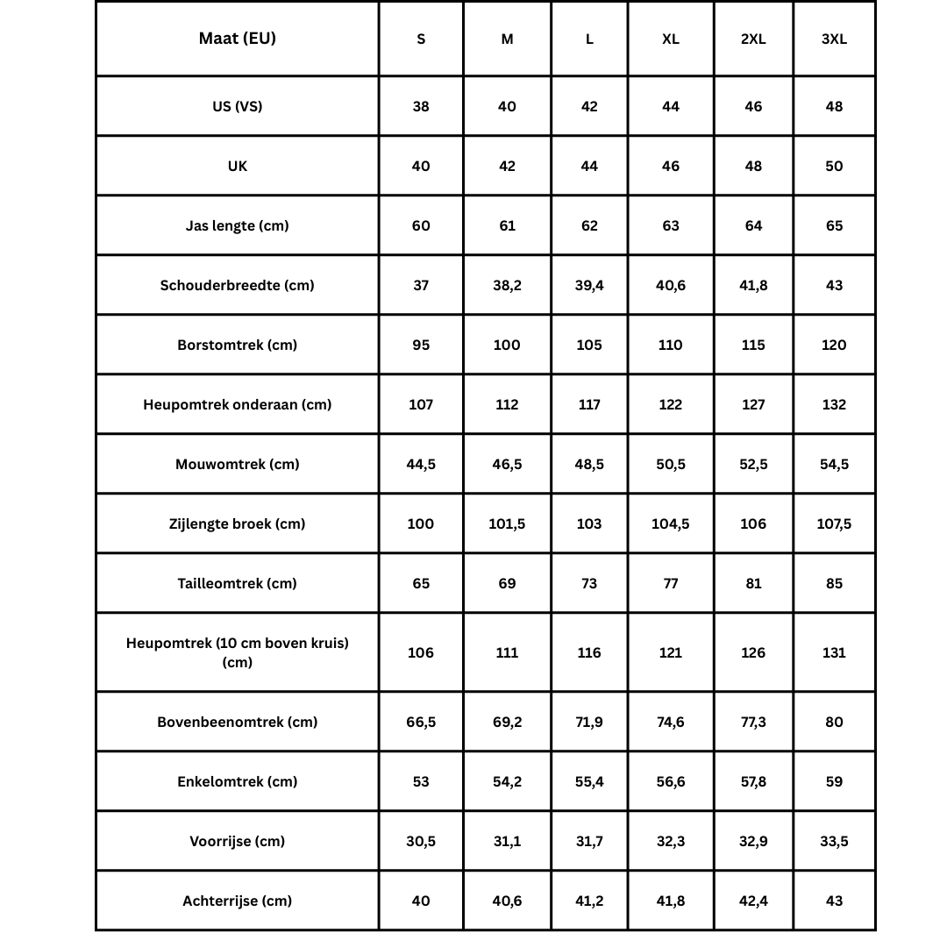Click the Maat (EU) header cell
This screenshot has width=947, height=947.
tap(237, 39)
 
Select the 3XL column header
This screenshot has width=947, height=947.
tap(834, 39)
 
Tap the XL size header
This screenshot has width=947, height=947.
tap(671, 39)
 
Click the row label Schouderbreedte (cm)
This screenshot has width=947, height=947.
tap(237, 285)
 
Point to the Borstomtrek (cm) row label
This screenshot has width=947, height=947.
tap(237, 345)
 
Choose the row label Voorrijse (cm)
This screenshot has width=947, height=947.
tap(237, 841)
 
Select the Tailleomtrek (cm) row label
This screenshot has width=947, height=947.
tap(237, 583)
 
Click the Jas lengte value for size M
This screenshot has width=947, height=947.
tap(507, 225)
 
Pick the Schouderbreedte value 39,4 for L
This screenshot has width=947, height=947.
tap(589, 285)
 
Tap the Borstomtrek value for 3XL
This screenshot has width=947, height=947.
tap(834, 345)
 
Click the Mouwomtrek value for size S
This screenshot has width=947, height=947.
tap(421, 464)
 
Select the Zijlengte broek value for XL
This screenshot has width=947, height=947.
tap(671, 523)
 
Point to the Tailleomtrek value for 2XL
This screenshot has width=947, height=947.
tap(753, 583)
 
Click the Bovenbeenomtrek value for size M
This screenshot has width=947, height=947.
tap(507, 722)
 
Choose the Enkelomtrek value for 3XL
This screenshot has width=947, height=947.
tap(834, 781)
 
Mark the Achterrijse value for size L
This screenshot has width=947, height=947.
tap(589, 901)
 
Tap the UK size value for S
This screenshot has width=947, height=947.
tap(421, 166)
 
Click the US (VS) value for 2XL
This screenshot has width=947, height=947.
tap(753, 106)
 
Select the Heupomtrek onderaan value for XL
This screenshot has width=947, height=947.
tap(671, 404)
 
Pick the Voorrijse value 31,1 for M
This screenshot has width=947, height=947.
tap(507, 841)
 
